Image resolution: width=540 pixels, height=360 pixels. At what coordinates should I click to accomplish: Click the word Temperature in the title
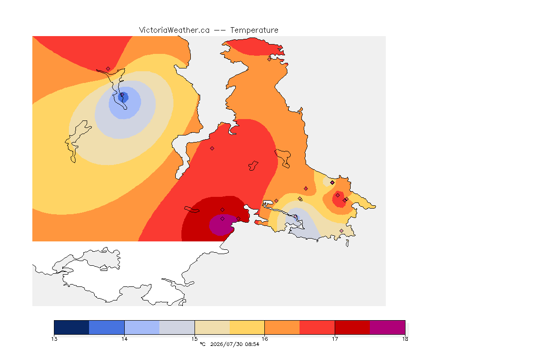[x=254, y=30]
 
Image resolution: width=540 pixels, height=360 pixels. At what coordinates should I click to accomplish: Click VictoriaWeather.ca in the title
[x=174, y=30]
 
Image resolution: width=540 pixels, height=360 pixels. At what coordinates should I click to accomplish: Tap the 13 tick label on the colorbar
[x=54, y=339]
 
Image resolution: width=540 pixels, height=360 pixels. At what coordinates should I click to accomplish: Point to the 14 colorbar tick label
[x=124, y=339]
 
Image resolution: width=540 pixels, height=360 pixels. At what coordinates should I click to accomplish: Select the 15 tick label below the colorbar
[x=195, y=339]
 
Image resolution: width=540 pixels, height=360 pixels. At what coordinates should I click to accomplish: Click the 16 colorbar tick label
[x=264, y=339]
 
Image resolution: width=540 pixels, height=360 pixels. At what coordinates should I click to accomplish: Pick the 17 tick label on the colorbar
[x=335, y=339]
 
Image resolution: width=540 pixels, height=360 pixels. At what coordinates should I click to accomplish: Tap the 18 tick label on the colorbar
[x=405, y=339]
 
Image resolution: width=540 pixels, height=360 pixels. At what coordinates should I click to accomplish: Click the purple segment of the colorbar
[x=388, y=327]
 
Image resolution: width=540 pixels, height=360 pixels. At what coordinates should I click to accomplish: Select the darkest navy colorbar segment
[x=72, y=327]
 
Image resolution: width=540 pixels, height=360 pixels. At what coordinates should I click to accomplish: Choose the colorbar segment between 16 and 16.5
[x=282, y=327]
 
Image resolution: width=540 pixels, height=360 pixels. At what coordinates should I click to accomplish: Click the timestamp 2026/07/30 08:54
[x=234, y=344]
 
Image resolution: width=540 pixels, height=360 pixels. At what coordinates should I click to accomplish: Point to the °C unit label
[x=202, y=344]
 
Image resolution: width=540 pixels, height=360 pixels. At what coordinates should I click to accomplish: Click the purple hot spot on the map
[x=221, y=225]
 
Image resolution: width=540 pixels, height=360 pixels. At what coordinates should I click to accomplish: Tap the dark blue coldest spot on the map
[x=123, y=97]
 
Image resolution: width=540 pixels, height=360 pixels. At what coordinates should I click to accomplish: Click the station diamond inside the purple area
[x=223, y=219]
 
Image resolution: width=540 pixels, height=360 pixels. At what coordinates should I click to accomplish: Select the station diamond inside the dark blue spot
[x=122, y=94]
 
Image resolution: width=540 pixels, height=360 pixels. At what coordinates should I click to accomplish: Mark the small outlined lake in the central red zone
[x=253, y=166]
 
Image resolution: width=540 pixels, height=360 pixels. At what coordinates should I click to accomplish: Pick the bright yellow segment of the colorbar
[x=247, y=327]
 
